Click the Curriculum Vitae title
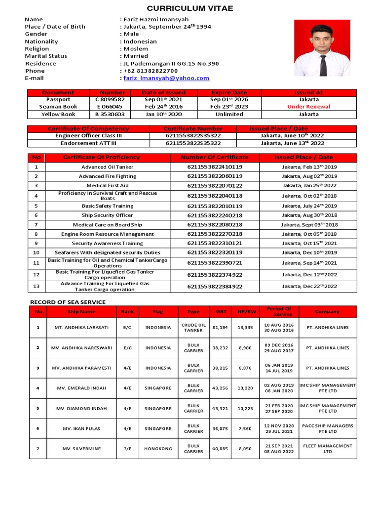click(x=190, y=8)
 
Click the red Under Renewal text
click(x=308, y=107)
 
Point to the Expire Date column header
click(x=229, y=92)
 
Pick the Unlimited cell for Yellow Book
click(x=229, y=114)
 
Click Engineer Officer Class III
click(x=88, y=135)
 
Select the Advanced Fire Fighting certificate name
click(x=107, y=176)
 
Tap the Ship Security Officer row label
click(x=107, y=215)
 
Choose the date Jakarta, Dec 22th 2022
click(x=309, y=286)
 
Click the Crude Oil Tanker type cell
click(x=193, y=328)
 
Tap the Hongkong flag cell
click(x=158, y=449)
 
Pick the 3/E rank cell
click(x=127, y=449)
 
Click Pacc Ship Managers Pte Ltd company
click(x=328, y=428)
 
